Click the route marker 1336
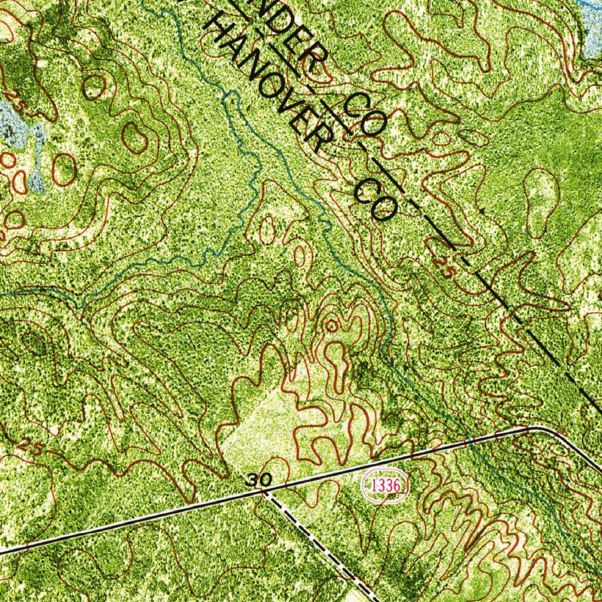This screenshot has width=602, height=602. click(x=385, y=486)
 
